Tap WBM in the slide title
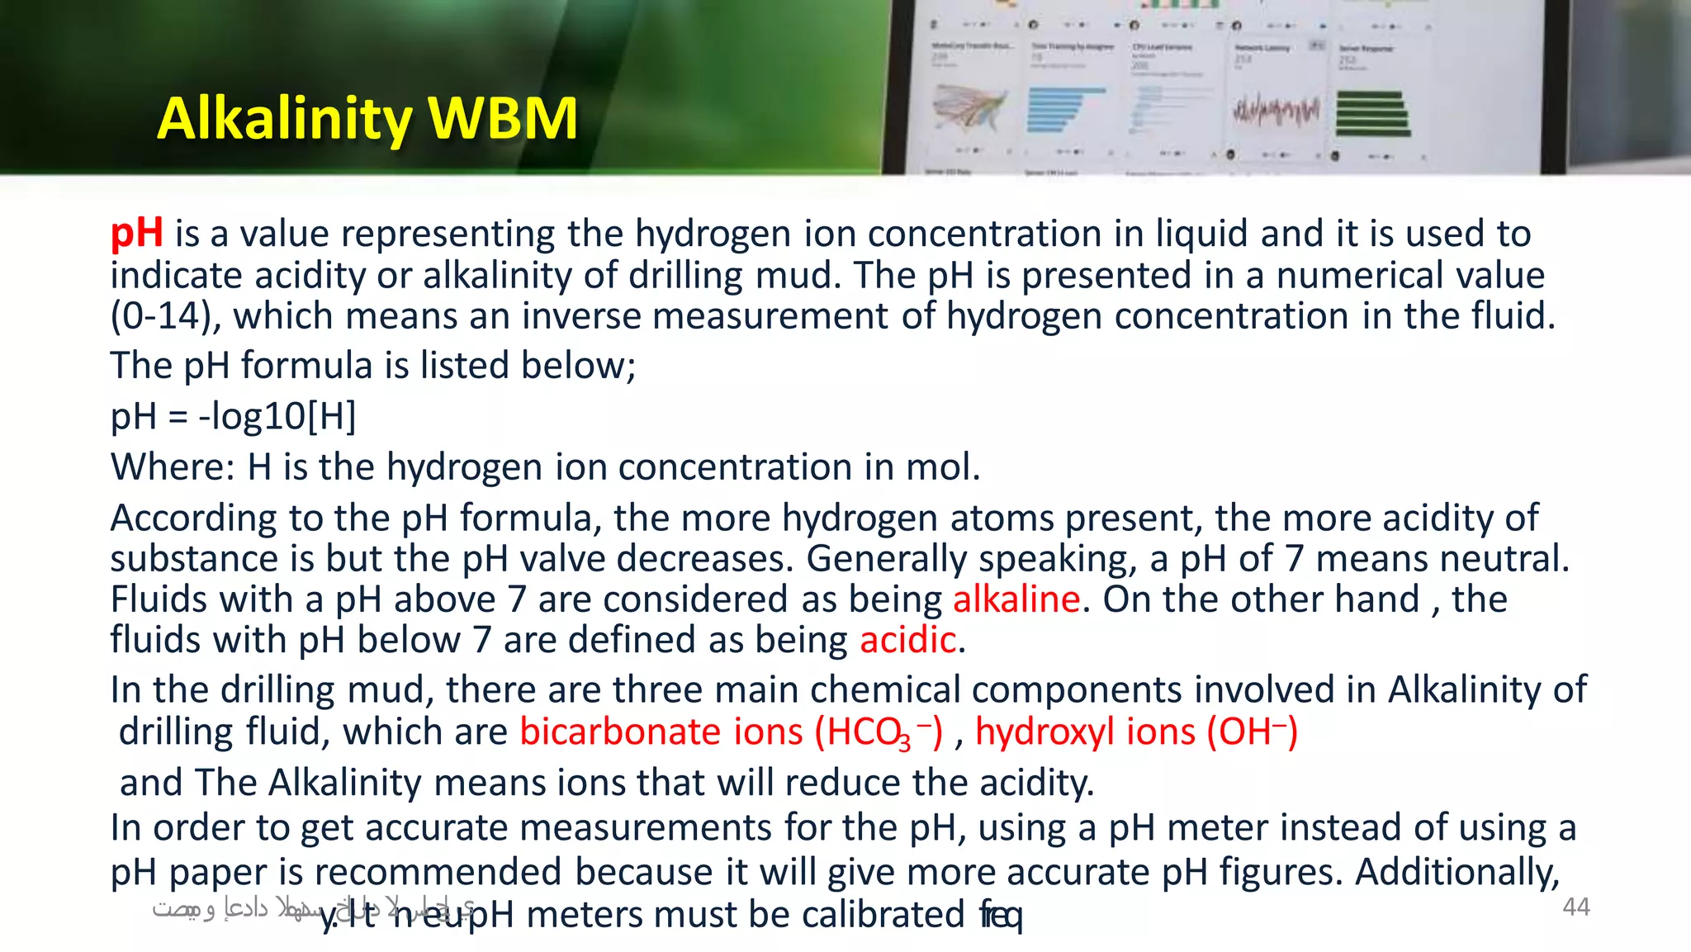point(503,118)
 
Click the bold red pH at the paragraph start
point(136,233)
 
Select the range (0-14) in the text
point(161,316)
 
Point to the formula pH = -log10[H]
point(234,416)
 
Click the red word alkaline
point(1016,599)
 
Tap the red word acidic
point(907,640)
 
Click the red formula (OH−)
point(1253,732)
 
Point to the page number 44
point(1575,907)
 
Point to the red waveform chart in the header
point(1276,111)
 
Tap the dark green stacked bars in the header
point(1371,114)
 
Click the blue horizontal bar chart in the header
point(1063,110)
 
